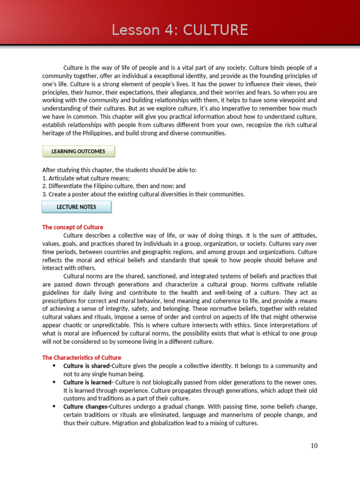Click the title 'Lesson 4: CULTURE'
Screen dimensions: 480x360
pos(180,30)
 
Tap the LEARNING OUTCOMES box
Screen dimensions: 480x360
pos(78,151)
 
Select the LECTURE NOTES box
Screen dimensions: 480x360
pos(76,207)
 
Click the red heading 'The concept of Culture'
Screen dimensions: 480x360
pos(73,227)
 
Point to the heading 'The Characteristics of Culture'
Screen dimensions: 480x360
pos(82,358)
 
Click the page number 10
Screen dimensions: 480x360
pos(314,445)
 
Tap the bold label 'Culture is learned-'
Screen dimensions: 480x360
pos(89,382)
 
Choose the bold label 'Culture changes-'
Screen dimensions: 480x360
pos(86,406)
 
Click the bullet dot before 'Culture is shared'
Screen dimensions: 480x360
pos(54,366)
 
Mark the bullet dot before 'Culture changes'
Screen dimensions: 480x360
pos(54,406)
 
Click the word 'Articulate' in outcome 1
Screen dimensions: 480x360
pos(62,178)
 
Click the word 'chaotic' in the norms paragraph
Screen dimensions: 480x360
pos(70,325)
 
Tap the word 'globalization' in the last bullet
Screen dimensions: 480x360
pos(141,423)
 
